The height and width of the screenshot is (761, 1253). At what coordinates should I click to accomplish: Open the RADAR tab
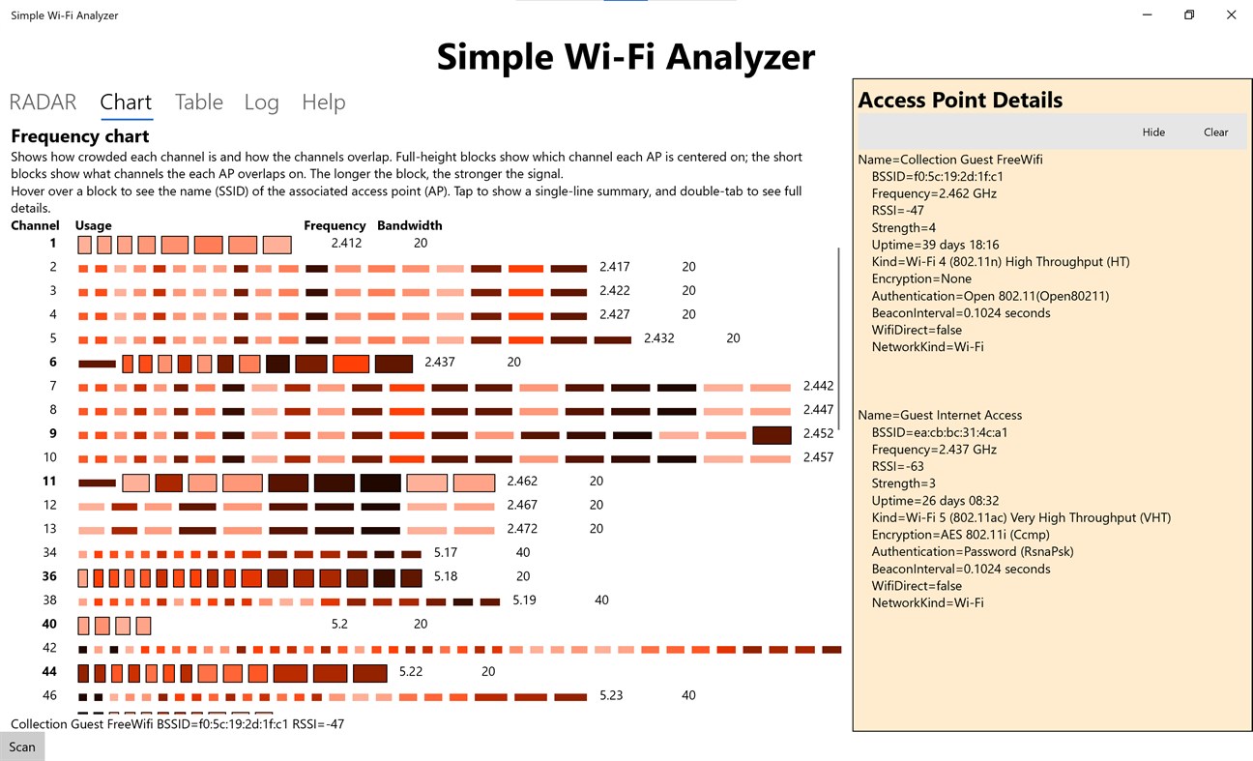[x=43, y=102]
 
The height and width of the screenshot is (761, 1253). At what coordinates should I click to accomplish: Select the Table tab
[x=199, y=102]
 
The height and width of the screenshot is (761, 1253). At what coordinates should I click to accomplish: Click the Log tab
[x=261, y=102]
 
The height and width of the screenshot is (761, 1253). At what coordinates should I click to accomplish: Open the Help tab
[x=323, y=102]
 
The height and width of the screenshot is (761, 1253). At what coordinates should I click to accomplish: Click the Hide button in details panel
[x=1153, y=132]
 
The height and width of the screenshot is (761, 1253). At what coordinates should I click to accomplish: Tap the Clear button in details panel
[x=1215, y=132]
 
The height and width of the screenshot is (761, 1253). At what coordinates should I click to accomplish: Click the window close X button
[x=1231, y=15]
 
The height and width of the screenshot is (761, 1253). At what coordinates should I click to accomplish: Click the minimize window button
[x=1147, y=15]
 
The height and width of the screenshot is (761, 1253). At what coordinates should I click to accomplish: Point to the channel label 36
[x=49, y=576]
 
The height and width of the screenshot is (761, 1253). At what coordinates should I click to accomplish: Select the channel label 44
[x=49, y=671]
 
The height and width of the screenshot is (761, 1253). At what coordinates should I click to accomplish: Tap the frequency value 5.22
[x=411, y=671]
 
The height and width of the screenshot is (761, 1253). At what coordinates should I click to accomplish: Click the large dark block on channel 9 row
[x=772, y=434]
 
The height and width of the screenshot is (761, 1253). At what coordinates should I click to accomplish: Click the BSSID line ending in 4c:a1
[x=940, y=432]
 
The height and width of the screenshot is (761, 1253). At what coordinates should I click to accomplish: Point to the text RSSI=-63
[x=897, y=466]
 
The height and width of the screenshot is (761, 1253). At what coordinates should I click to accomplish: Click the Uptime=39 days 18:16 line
[x=935, y=245]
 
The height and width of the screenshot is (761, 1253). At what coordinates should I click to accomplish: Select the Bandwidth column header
[x=409, y=225]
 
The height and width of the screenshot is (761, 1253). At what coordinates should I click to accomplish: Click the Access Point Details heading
[x=960, y=101]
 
